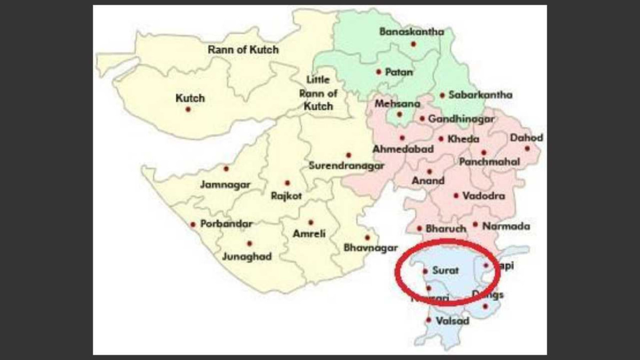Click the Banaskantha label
[x=411, y=32]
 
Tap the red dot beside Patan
[x=379, y=71]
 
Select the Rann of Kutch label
[x=243, y=50]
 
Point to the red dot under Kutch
[x=188, y=109]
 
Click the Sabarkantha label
[x=480, y=95]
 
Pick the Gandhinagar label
[x=462, y=119]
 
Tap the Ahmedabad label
[x=403, y=149]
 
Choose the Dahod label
[x=526, y=138]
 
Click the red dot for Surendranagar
[x=349, y=155]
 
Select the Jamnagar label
[x=225, y=185]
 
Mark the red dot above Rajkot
[x=287, y=183]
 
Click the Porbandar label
[x=226, y=224]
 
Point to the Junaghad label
[x=247, y=257]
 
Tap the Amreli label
[x=309, y=234]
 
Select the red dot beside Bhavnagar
[x=367, y=237]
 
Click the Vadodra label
[x=484, y=196]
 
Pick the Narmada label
[x=506, y=226]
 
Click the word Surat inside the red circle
[x=446, y=270]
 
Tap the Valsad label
[x=452, y=321]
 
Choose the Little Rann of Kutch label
[x=318, y=93]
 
